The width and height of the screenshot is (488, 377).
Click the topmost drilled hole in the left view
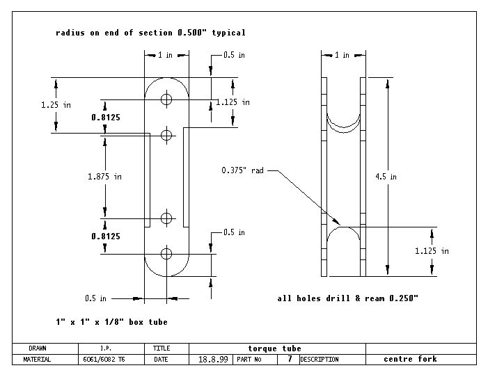click(166, 99)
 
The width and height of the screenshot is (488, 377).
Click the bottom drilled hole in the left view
click(166, 253)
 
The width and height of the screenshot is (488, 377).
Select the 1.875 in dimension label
click(105, 177)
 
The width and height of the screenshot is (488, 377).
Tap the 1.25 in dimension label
click(56, 104)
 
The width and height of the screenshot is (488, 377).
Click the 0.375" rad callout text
click(243, 170)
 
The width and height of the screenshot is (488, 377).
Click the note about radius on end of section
click(150, 33)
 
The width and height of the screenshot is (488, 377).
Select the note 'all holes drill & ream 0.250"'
click(347, 298)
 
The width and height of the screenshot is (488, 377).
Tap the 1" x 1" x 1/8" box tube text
click(111, 322)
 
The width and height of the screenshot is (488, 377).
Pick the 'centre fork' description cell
click(410, 359)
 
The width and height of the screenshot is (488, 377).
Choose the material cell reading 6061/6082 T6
click(103, 360)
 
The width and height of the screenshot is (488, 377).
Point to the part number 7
click(289, 360)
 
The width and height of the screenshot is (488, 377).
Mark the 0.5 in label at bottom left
click(95, 298)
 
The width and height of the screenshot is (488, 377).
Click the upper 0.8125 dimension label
click(106, 118)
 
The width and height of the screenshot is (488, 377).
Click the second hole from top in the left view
click(166, 134)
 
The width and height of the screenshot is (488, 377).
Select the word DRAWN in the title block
click(38, 348)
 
